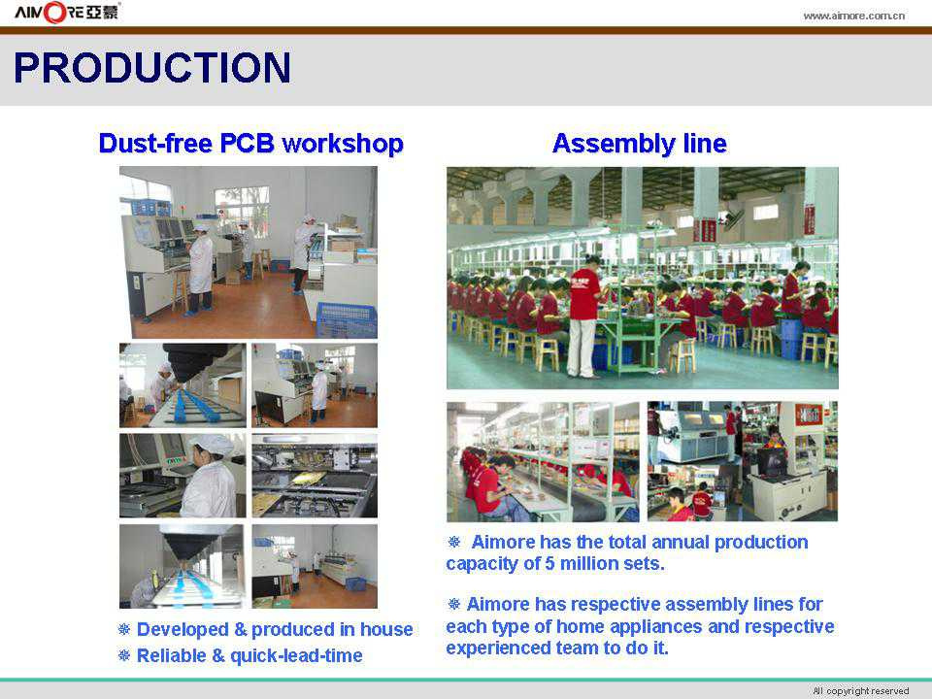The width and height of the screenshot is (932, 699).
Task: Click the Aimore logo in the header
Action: [x=67, y=12]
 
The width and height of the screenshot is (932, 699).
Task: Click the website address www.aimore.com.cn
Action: [x=853, y=17]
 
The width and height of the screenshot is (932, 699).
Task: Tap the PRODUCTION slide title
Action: [x=152, y=67]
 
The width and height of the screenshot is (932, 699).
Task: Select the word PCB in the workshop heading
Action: [x=247, y=144]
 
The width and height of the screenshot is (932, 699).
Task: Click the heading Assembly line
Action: [x=640, y=144]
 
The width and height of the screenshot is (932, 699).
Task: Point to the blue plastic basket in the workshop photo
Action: [x=346, y=319]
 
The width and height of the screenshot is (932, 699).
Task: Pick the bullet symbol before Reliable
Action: [x=124, y=655]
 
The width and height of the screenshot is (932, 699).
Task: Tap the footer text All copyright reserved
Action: [x=861, y=690]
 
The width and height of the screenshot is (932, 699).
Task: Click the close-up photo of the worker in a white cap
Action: [x=183, y=476]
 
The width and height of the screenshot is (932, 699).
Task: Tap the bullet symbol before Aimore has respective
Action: [x=454, y=605]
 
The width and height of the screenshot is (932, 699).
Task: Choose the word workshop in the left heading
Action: [x=343, y=144]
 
